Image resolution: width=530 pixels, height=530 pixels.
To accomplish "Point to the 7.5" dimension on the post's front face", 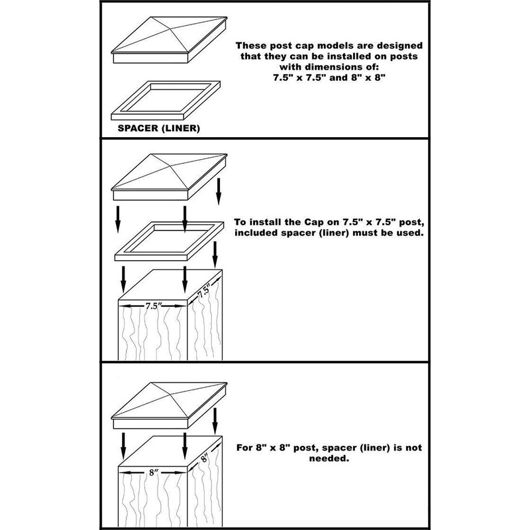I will (x=152, y=306).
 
